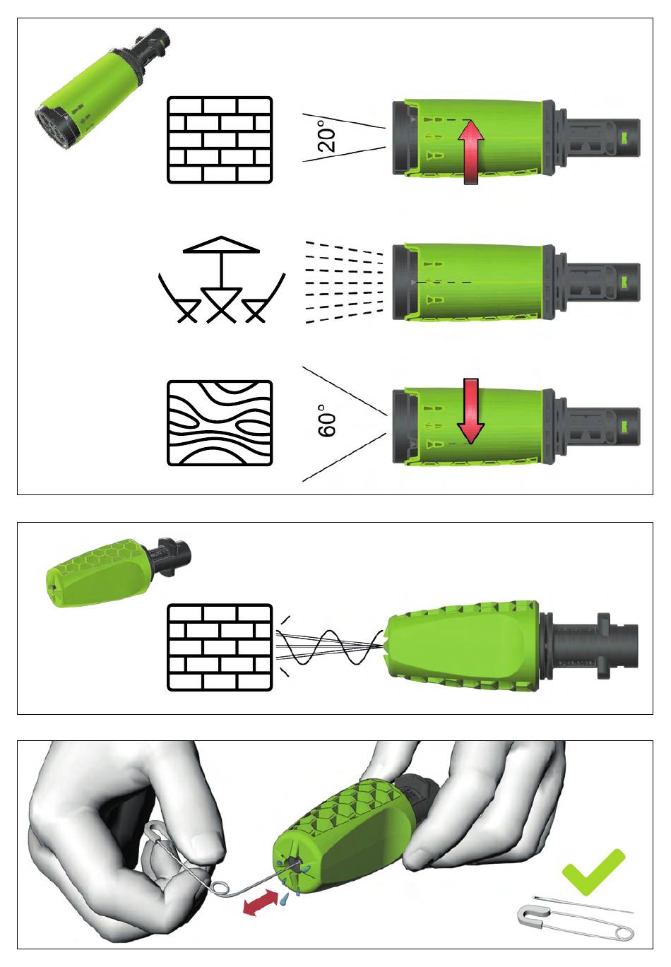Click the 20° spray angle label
(327, 136)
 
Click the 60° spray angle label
(327, 421)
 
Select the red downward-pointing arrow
(470, 411)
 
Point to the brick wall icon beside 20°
(220, 140)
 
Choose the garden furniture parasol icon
(221, 279)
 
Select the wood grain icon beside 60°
(220, 423)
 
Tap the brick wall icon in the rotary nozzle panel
(220, 647)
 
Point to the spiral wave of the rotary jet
(329, 647)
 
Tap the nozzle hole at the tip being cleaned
(294, 863)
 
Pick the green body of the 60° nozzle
(475, 427)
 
